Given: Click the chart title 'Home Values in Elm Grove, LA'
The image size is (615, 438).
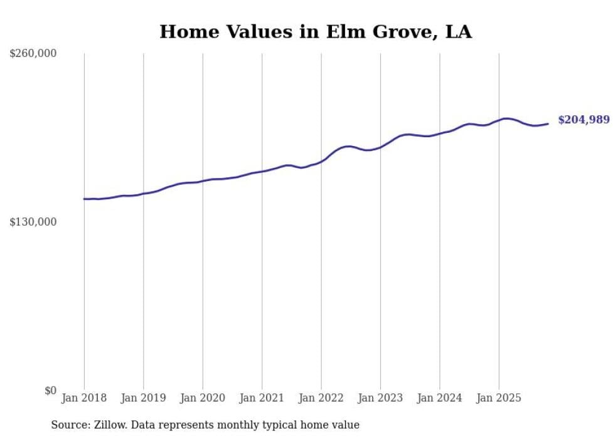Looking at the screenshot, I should coord(315,31).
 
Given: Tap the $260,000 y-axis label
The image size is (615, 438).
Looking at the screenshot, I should coord(33,54).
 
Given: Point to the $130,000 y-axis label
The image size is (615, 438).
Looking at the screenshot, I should coord(33,222).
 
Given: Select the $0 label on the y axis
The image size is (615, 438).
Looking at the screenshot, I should coord(50,391).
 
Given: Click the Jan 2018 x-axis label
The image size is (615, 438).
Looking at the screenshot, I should coord(84,398).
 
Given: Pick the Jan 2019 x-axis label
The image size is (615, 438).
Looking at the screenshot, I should coord(144,398).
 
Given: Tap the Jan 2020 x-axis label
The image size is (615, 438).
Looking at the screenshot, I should coord(203,398).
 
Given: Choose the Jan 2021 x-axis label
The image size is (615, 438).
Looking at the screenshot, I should coord(262,398).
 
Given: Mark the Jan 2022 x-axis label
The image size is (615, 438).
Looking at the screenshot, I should coord(321,398).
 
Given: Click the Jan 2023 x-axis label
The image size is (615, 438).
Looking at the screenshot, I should coord(380,398).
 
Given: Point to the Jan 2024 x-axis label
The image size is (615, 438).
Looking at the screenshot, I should coord(440,398).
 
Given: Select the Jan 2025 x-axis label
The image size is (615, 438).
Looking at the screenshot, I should coord(499,398).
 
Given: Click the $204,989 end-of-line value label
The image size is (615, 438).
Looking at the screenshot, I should coord(584,120).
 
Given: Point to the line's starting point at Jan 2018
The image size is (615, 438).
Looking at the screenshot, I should coord(84,199).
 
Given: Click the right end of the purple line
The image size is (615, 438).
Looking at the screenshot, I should coord(548,123).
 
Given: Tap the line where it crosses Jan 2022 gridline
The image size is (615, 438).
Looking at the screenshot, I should coord(321,160).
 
